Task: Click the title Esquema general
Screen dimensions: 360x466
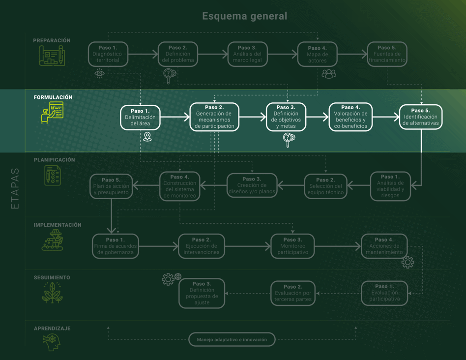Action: (244, 16)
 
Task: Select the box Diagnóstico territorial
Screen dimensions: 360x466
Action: (108, 54)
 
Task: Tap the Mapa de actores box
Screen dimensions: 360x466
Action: (317, 54)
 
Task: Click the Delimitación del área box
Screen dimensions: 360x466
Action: (141, 118)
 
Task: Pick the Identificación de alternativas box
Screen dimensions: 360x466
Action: (421, 117)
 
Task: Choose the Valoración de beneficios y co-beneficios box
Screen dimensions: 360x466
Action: (350, 117)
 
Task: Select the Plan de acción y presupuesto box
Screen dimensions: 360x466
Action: (111, 186)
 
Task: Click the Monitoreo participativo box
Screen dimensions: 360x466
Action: (292, 246)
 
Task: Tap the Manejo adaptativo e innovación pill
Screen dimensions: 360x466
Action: (232, 339)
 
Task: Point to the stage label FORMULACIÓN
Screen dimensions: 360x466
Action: (53, 97)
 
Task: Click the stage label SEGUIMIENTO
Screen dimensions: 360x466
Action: (52, 277)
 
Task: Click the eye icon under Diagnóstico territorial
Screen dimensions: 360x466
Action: (100, 74)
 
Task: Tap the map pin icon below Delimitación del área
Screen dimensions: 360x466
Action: (147, 137)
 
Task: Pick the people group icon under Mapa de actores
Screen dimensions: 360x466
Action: (329, 74)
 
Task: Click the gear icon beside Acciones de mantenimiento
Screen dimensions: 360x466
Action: (408, 262)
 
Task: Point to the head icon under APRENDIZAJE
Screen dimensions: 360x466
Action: (52, 342)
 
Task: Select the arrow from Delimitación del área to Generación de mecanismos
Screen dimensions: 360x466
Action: (175, 117)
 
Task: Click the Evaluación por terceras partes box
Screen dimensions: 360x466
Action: (292, 293)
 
